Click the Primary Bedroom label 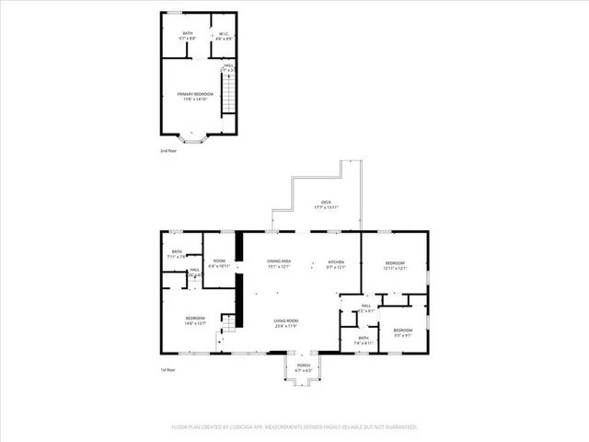coord(195,97)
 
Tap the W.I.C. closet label coord(219,37)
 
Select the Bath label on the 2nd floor coord(188,36)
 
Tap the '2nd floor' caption coord(168,150)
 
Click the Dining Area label coord(280,264)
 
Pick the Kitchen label coord(336,264)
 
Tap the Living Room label coord(285,323)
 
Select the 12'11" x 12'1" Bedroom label coord(394,264)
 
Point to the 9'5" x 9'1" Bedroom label coord(403,331)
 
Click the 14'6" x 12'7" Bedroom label coord(194,320)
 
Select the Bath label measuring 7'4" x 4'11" coord(364,340)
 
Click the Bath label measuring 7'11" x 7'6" coord(175,253)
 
